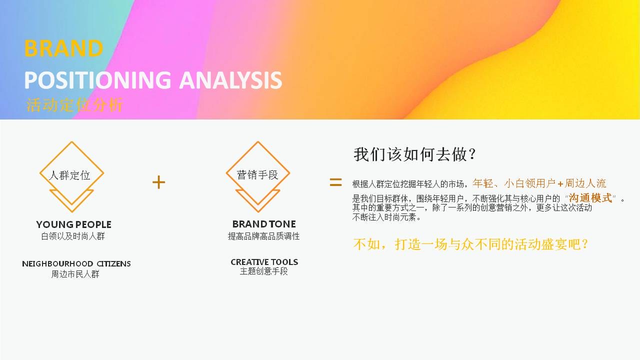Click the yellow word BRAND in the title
tap(63, 48)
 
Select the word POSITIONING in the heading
tap(97, 80)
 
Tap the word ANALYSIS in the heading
tap(231, 80)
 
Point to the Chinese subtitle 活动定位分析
tap(74, 105)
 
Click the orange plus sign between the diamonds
tap(159, 182)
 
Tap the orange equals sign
tap(335, 182)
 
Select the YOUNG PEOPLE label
tap(73, 224)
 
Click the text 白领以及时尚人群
tap(73, 236)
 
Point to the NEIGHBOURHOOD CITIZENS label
tap(76, 263)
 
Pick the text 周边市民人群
tap(75, 274)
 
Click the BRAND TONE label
tap(264, 224)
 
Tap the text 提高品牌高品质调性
tap(263, 236)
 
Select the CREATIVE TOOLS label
tap(264, 262)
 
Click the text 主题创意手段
tap(263, 271)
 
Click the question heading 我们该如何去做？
tap(414, 154)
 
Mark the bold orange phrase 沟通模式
tap(590, 197)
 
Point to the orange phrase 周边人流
tap(585, 183)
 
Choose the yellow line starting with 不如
tap(470, 244)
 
